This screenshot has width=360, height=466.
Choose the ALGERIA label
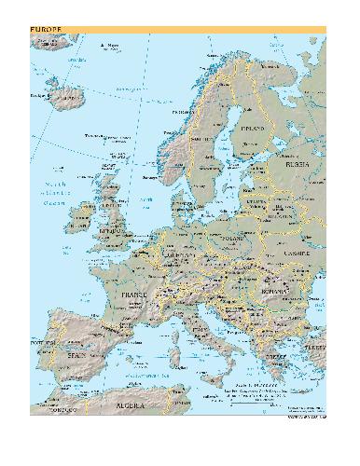[130, 406]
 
